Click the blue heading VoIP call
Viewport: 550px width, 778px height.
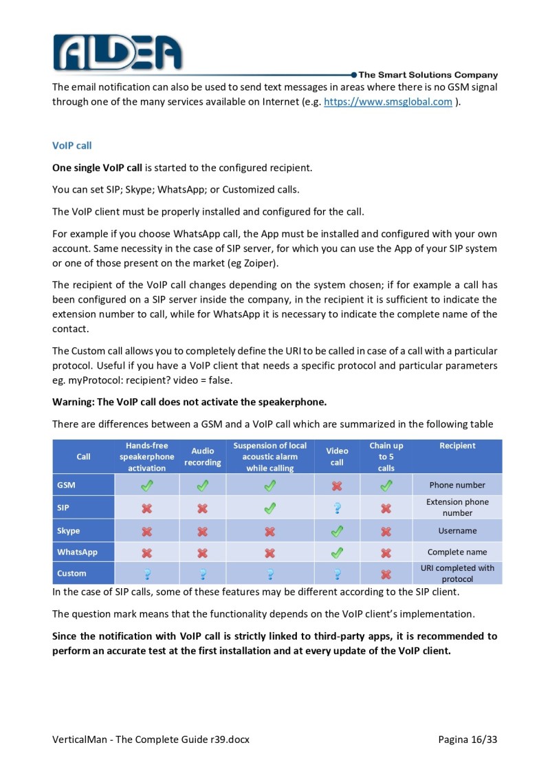(71, 146)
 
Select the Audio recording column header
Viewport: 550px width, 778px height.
(203, 457)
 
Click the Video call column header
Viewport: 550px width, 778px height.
(337, 457)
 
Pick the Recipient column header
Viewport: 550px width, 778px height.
(457, 446)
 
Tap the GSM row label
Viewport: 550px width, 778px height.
(67, 485)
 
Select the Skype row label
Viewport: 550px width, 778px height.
(69, 531)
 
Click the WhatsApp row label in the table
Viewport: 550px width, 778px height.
(77, 552)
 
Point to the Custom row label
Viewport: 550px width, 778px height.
(71, 573)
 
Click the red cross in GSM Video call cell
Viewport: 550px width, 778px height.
(337, 486)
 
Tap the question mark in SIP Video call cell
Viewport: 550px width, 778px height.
(337, 508)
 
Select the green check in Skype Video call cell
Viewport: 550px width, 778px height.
(337, 531)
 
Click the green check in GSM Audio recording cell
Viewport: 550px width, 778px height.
(203, 486)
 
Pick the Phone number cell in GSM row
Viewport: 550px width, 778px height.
(457, 485)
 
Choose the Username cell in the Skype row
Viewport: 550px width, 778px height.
(457, 531)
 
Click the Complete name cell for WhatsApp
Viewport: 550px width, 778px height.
(457, 552)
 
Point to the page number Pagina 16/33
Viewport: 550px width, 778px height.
(467, 739)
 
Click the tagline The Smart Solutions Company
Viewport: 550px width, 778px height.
(428, 75)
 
